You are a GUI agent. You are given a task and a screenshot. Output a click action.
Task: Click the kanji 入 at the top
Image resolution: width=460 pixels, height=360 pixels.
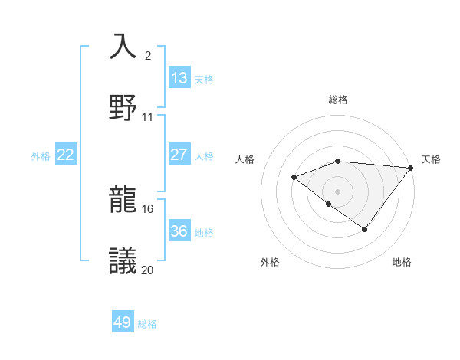(x=123, y=47)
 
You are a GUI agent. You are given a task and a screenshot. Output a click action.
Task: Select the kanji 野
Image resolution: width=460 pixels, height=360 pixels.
(x=123, y=106)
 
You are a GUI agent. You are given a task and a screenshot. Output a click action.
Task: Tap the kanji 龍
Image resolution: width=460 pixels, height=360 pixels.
(x=123, y=200)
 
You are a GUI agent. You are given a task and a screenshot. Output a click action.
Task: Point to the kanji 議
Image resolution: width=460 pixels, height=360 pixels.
(x=123, y=260)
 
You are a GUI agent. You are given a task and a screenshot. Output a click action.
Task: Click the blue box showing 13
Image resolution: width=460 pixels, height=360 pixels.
(x=179, y=77)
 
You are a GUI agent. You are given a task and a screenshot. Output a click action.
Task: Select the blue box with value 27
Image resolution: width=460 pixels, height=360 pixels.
(x=179, y=155)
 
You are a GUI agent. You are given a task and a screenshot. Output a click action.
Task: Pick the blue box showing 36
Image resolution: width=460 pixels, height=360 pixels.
(x=179, y=231)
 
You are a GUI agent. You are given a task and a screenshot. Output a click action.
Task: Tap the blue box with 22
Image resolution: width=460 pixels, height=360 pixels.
(x=66, y=155)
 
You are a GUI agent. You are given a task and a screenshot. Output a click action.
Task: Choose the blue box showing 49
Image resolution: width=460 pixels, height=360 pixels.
(x=123, y=322)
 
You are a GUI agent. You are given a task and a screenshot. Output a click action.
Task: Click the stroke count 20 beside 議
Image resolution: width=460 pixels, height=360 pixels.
(x=148, y=270)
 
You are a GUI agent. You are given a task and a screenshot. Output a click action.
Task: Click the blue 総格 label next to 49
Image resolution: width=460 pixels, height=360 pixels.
(x=147, y=324)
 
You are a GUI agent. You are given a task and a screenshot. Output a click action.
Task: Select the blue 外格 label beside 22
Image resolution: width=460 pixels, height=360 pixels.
(x=41, y=155)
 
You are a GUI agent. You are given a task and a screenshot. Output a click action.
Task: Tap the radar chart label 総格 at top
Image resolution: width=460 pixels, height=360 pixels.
(x=338, y=100)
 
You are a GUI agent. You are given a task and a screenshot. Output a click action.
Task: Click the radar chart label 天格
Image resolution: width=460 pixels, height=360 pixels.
(x=431, y=159)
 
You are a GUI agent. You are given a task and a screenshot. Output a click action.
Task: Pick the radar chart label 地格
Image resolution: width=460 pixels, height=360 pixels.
(x=402, y=262)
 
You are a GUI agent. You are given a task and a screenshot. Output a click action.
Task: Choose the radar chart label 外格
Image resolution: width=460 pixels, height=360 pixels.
(x=270, y=262)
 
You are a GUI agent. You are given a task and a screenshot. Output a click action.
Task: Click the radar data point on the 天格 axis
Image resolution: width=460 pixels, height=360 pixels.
(x=411, y=168)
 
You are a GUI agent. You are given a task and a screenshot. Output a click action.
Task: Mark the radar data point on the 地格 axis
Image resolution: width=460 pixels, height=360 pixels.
(x=365, y=229)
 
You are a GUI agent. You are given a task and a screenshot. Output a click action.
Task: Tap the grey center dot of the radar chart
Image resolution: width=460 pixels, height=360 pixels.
(x=337, y=191)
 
